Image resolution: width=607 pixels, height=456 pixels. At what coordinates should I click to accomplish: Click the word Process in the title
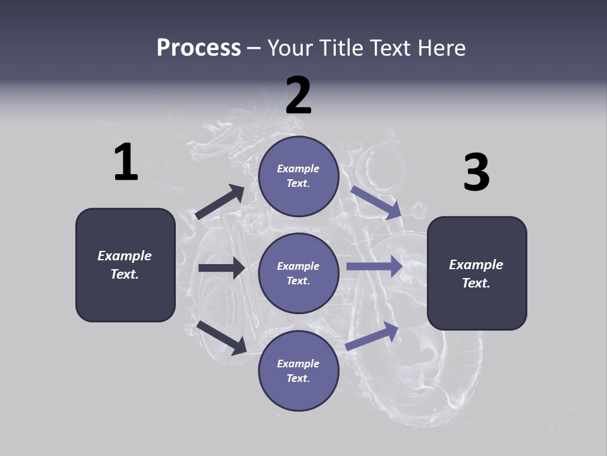(199, 48)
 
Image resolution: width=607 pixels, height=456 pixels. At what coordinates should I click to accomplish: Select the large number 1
(126, 163)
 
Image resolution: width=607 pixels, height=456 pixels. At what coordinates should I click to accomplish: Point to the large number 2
(298, 96)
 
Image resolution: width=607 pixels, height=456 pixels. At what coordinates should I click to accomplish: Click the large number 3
(476, 173)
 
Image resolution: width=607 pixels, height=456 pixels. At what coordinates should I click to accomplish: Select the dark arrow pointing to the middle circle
(221, 268)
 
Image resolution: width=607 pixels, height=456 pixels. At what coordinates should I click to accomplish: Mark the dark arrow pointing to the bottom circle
(222, 337)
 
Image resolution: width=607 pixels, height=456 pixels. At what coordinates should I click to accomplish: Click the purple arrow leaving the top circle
(376, 203)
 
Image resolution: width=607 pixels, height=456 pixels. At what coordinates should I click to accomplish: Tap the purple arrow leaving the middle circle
(374, 267)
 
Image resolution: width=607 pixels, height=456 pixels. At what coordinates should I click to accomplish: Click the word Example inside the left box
(125, 256)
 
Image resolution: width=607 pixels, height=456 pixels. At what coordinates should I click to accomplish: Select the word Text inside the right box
(475, 283)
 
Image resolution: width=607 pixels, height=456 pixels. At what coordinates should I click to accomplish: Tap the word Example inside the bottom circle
(298, 364)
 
